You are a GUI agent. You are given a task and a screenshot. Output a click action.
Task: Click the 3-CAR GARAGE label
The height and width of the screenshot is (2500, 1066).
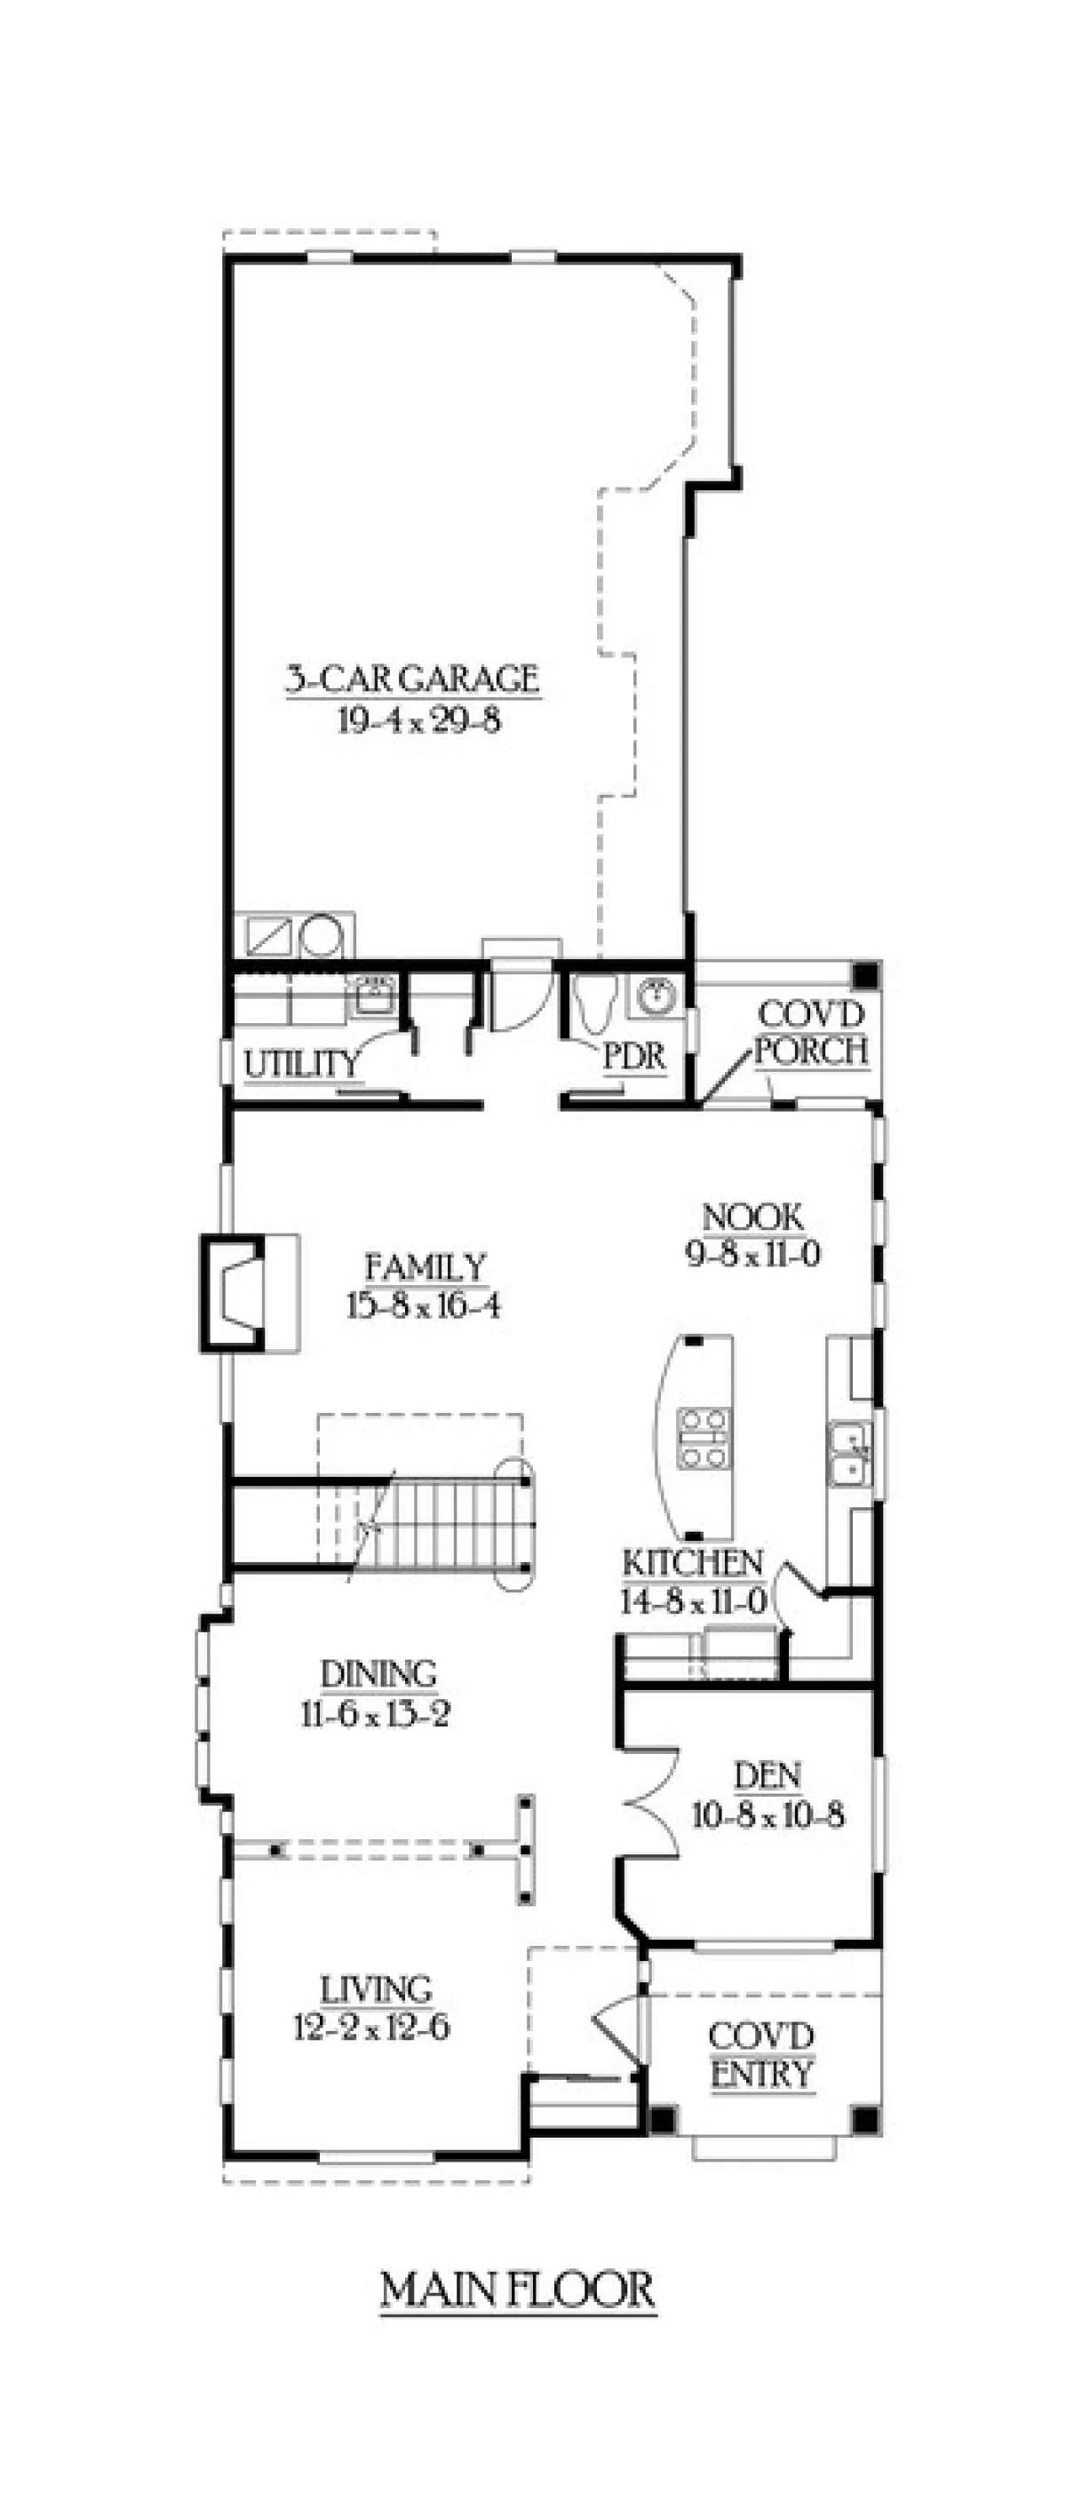click(x=411, y=679)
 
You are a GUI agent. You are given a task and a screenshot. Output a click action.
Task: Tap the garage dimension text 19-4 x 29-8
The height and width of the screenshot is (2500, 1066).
click(x=418, y=720)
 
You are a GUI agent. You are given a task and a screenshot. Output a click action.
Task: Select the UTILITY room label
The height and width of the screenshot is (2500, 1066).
click(x=301, y=1064)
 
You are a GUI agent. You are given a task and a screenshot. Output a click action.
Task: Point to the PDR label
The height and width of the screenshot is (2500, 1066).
click(x=635, y=1057)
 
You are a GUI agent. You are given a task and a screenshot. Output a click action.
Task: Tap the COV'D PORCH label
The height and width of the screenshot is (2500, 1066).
click(x=811, y=1033)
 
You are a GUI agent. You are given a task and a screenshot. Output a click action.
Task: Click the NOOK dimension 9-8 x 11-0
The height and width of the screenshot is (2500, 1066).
click(x=753, y=1254)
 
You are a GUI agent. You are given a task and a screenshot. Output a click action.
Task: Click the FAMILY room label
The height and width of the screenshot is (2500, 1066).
click(x=425, y=1267)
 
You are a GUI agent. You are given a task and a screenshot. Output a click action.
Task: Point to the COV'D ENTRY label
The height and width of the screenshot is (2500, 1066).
click(x=761, y=2057)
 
